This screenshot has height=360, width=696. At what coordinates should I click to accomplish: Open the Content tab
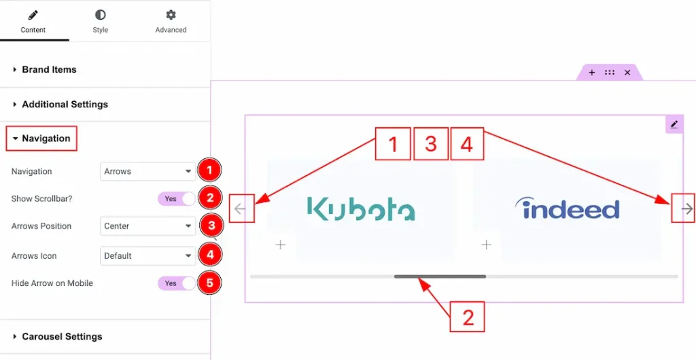pos(33,21)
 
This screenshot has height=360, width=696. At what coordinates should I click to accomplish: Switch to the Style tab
pos(100,21)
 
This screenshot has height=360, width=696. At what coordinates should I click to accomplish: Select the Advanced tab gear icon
pos(171,15)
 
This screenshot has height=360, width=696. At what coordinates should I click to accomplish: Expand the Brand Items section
pos(49,69)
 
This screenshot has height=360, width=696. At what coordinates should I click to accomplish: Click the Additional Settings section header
pos(65,105)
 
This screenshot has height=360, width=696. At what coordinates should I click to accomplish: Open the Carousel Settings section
pos(62,337)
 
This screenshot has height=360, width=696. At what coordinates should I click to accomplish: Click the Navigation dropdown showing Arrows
pos(147,172)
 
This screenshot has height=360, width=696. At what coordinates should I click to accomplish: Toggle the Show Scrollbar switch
pos(177,199)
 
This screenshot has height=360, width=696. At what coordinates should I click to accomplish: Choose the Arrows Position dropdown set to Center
pos(147,226)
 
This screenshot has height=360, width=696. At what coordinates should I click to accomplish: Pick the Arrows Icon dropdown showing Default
pos(147,256)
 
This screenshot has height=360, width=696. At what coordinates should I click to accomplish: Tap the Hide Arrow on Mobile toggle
pos(177,283)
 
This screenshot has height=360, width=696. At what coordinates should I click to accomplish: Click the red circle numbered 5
pos(210,283)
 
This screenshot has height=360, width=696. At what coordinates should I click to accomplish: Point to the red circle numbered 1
pos(210,169)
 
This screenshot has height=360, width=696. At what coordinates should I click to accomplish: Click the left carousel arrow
pos(240,209)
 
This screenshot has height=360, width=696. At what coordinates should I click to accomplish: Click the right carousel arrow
pos(686,209)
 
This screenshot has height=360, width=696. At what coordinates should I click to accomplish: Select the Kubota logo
pos(360,209)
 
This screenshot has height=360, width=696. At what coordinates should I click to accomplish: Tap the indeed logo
pos(567,208)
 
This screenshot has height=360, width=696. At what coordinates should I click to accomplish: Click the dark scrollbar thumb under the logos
pos(440,276)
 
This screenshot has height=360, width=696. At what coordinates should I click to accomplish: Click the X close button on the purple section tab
pos(627,73)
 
